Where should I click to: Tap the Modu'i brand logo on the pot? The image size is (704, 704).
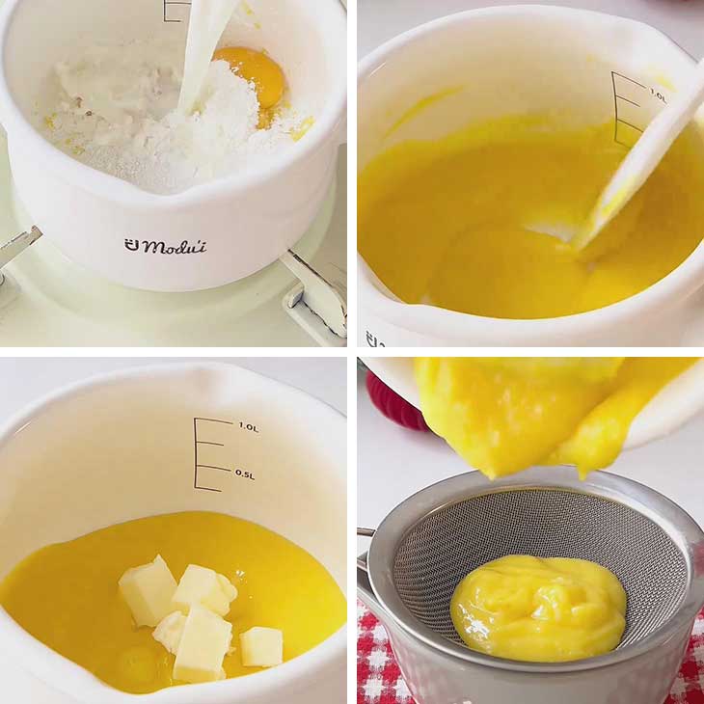(165, 245)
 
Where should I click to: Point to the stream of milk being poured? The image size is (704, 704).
(203, 48)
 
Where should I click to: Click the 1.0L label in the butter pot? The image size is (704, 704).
(248, 426)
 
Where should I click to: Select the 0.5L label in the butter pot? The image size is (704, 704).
(245, 474)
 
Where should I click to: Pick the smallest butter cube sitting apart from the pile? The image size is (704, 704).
(261, 646)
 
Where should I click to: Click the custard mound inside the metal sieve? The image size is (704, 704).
(538, 607)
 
